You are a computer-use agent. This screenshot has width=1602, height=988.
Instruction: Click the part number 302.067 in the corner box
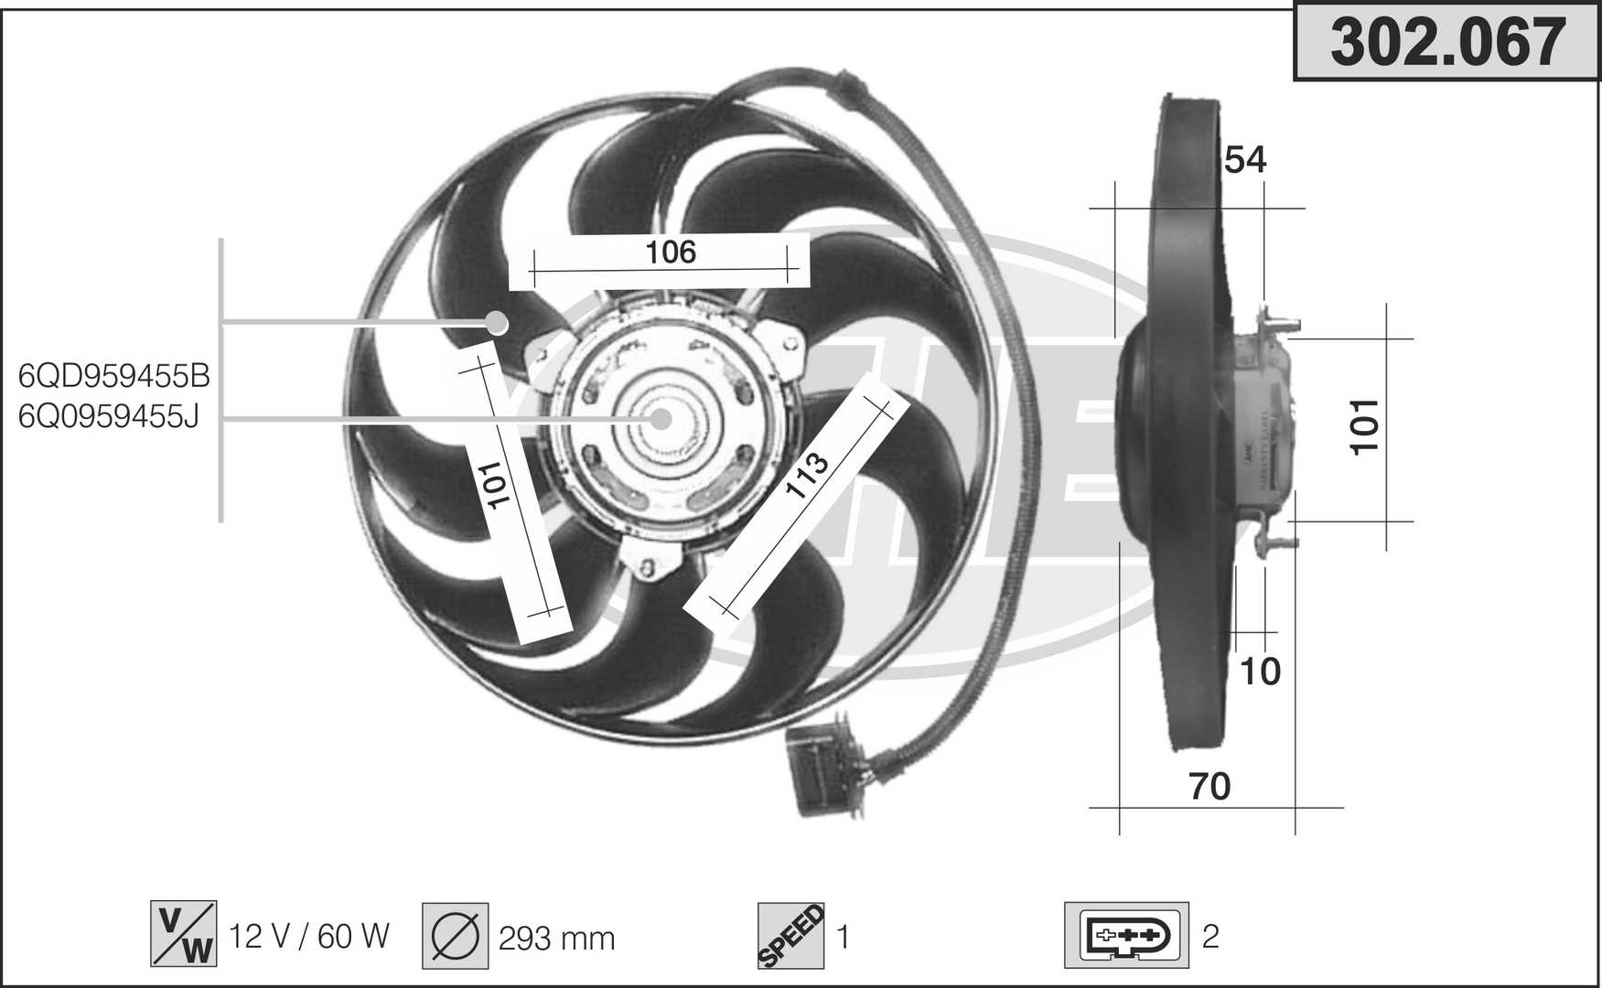1447,42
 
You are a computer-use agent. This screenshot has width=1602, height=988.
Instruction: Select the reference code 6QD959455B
114,376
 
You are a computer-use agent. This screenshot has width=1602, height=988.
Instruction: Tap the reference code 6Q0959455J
108,416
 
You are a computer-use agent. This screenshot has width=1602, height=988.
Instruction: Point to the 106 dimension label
671,252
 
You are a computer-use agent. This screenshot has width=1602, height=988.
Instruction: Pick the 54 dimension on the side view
1245,160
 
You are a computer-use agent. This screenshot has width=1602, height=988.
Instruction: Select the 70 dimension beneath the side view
1210,786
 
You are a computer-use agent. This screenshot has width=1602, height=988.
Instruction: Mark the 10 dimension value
1260,671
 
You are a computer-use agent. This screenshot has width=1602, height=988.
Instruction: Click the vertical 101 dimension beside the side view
1364,426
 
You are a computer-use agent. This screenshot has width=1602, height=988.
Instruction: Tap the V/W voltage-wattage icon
184,933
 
